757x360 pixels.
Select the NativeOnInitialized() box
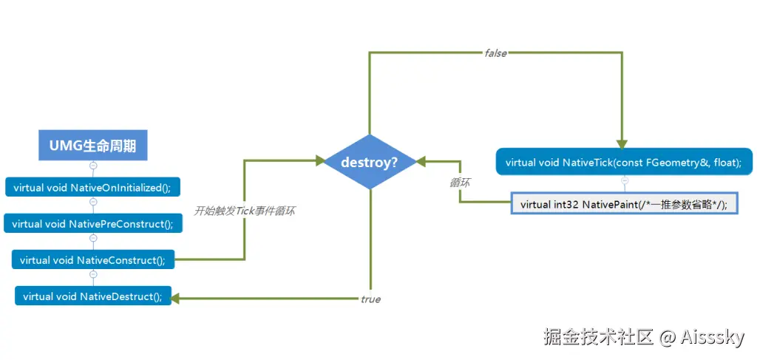[92, 187]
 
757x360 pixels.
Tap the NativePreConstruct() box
[92, 224]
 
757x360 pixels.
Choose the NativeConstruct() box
[92, 259]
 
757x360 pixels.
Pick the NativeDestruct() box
[92, 296]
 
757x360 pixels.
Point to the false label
[495, 54]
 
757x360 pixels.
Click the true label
[370, 299]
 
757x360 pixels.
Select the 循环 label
[459, 183]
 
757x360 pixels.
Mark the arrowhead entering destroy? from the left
[320, 160]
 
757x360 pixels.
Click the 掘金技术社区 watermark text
[598, 338]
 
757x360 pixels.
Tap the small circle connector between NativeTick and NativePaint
[624, 180]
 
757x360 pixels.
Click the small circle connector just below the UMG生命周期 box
[93, 166]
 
